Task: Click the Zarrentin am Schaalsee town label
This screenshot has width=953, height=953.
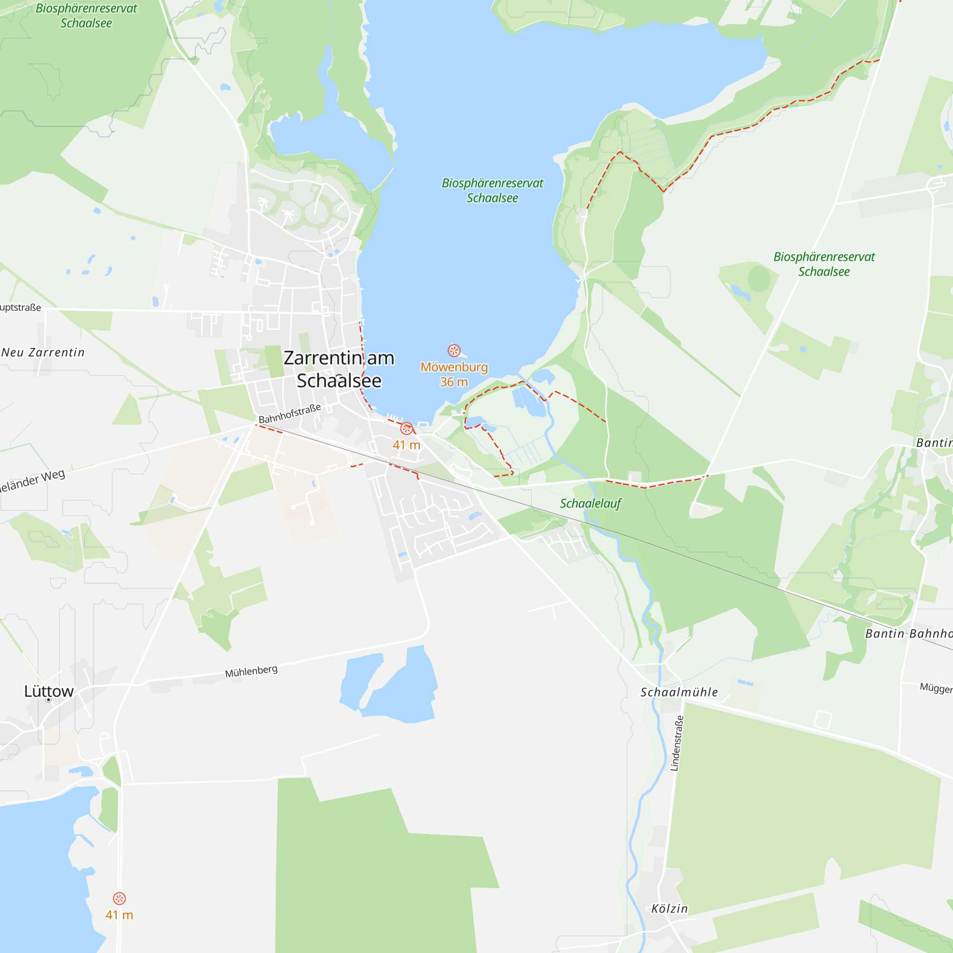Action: [339, 369]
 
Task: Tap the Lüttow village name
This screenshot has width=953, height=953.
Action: [49, 691]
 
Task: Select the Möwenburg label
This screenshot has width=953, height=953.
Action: [454, 367]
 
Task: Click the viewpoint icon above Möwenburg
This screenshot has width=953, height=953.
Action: [454, 351]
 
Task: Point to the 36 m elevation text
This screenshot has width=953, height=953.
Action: [454, 382]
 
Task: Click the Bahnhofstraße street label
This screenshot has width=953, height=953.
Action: [290, 413]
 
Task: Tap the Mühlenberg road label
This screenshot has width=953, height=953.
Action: [251, 671]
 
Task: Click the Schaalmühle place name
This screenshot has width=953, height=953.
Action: [679, 692]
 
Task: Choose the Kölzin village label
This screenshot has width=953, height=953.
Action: [669, 909]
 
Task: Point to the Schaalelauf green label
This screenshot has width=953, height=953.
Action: [590, 504]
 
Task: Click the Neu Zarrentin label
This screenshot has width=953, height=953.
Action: [43, 353]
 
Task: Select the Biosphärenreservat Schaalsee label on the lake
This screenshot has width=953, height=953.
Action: [492, 191]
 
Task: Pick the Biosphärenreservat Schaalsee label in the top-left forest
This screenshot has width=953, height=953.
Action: [86, 16]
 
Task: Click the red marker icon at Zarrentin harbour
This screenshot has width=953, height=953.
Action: [406, 428]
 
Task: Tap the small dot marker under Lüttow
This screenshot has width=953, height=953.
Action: [48, 700]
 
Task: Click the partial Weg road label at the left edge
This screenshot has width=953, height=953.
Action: [32, 481]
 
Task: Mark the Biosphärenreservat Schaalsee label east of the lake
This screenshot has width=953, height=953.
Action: [824, 264]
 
